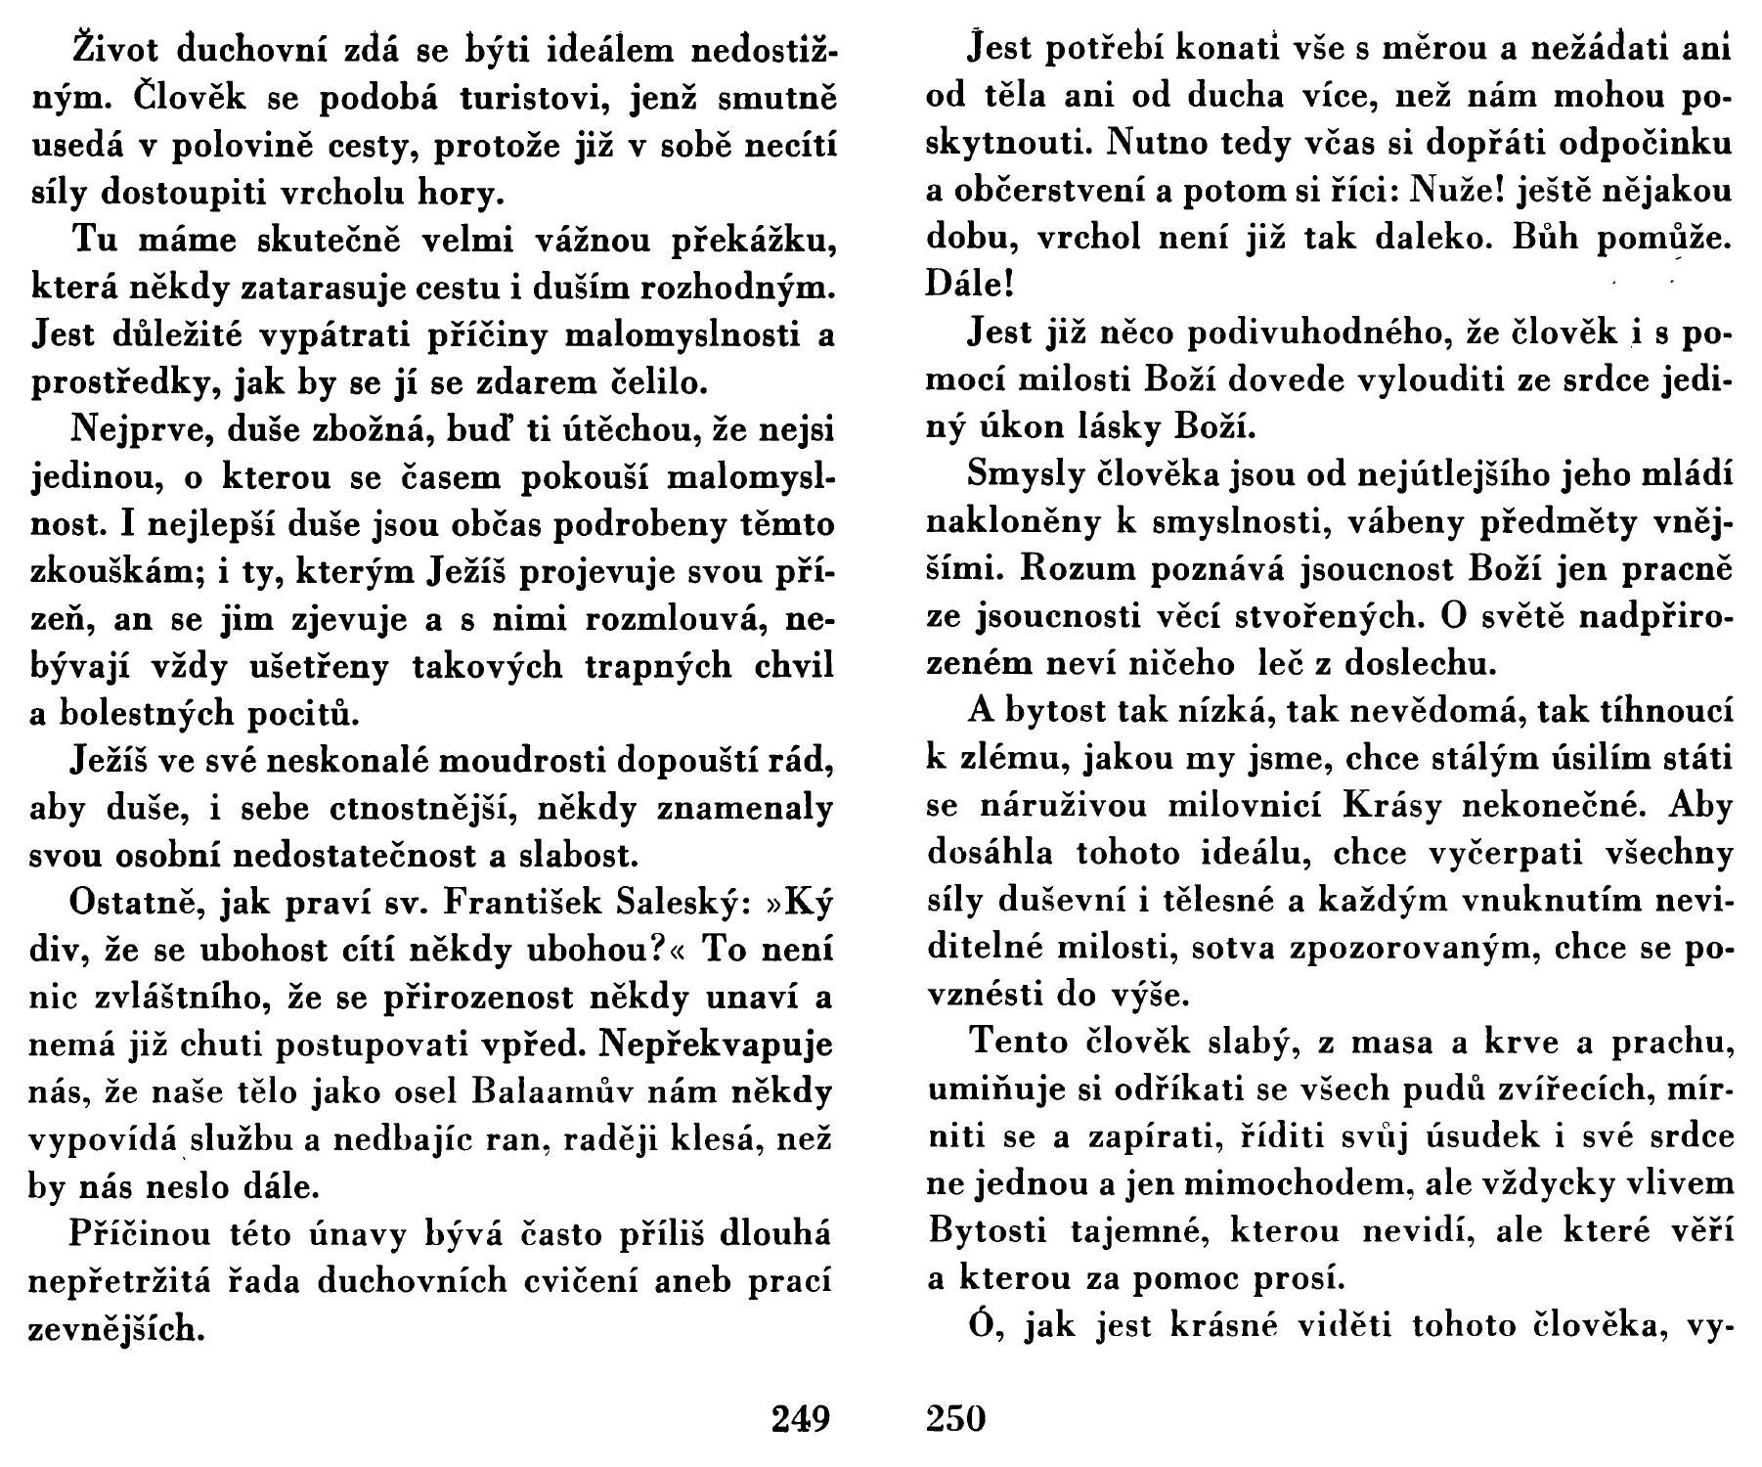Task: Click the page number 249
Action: pos(800,1417)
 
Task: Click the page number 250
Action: pos(955,1417)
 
